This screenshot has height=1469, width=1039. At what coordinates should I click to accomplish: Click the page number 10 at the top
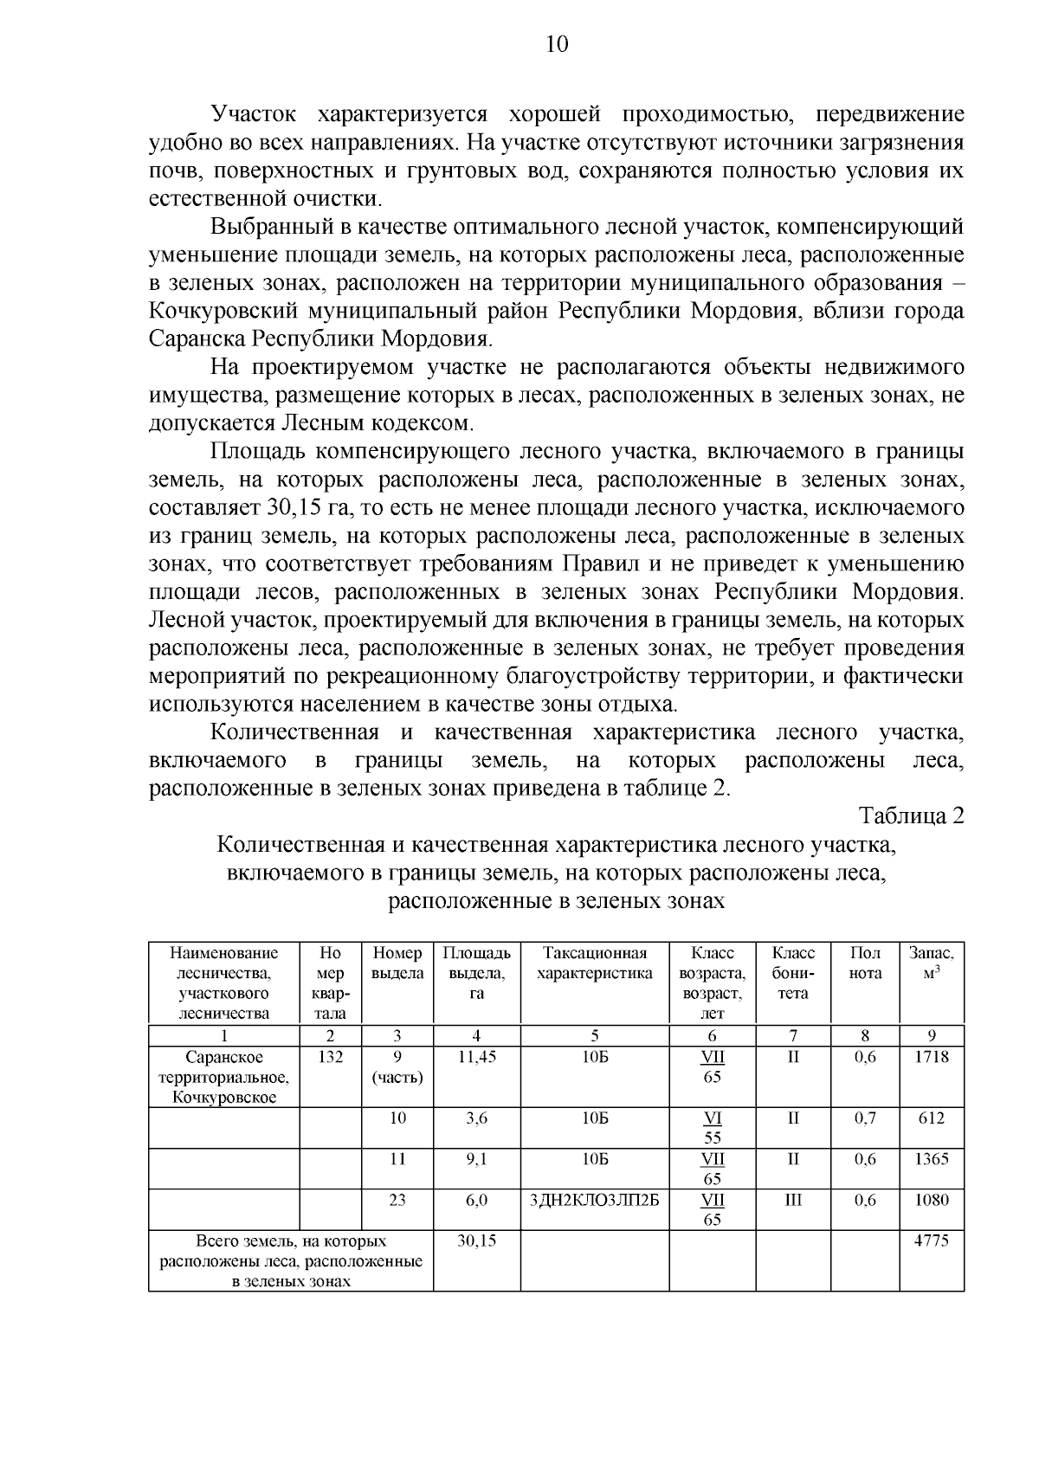click(557, 44)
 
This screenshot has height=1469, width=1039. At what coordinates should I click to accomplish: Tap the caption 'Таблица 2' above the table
click(911, 815)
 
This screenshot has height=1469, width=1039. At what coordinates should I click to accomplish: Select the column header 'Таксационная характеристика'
click(594, 963)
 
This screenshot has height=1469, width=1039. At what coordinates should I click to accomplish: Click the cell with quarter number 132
click(330, 1057)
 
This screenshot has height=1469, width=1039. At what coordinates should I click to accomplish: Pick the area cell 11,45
click(476, 1057)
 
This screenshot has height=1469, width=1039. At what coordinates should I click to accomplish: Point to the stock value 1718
click(931, 1057)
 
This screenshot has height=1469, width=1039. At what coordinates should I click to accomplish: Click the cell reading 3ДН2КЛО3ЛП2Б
click(594, 1200)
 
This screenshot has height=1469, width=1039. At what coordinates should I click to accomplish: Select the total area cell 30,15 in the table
click(476, 1240)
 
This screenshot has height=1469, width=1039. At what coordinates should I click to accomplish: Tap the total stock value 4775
click(931, 1240)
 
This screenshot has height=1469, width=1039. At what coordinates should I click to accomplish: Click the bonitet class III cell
click(793, 1200)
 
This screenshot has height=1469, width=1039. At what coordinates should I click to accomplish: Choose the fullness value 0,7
click(865, 1118)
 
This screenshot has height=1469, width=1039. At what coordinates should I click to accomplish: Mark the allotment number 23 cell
click(397, 1200)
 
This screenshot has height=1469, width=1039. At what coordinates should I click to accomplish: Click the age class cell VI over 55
click(712, 1127)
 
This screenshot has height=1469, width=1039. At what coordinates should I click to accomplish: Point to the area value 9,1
click(476, 1159)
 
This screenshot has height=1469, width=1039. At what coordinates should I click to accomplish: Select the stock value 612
click(931, 1118)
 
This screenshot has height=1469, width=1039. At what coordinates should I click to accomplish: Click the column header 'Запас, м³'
click(931, 963)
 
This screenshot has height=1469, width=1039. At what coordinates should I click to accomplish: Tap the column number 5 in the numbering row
click(594, 1035)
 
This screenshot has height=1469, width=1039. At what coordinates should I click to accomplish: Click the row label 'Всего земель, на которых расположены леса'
click(291, 1260)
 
